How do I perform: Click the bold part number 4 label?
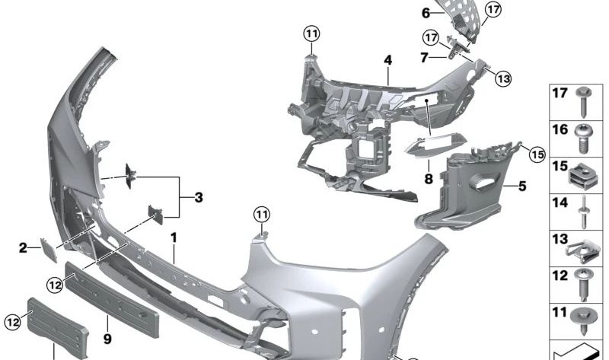[387, 60]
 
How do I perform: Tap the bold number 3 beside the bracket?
[199, 197]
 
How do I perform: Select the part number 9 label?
[107, 339]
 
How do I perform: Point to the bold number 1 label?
[174, 237]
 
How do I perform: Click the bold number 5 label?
[522, 186]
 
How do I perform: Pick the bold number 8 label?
[429, 179]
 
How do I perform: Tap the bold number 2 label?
[24, 248]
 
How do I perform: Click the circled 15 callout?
[537, 155]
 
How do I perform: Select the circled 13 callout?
[503, 79]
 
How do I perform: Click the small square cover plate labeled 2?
[49, 250]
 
